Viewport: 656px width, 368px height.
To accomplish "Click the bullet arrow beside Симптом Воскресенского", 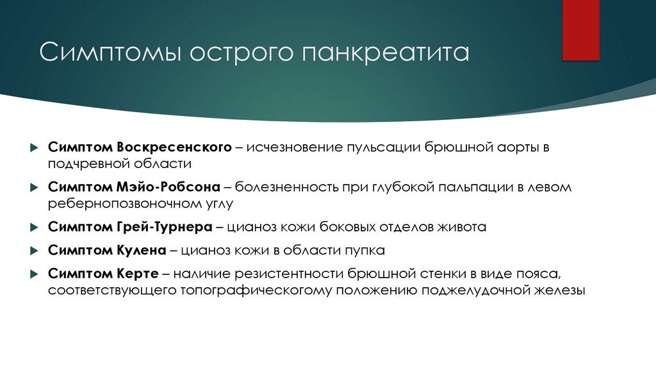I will pos(33,147).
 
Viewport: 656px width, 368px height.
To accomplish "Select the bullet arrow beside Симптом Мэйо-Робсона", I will pos(33,188).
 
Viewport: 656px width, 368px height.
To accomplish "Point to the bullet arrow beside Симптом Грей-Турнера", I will pos(33,228).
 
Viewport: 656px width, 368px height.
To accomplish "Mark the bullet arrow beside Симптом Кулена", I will pos(33,251).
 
